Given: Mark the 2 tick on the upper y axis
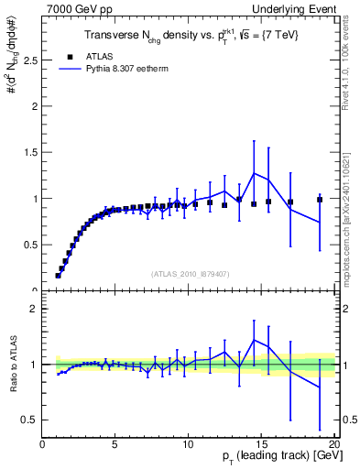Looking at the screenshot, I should (x=34, y=106).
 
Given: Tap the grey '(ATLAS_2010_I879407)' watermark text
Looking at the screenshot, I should (x=189, y=273).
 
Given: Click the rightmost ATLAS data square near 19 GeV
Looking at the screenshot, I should (x=320, y=199).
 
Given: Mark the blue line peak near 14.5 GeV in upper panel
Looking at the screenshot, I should (x=254, y=173).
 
